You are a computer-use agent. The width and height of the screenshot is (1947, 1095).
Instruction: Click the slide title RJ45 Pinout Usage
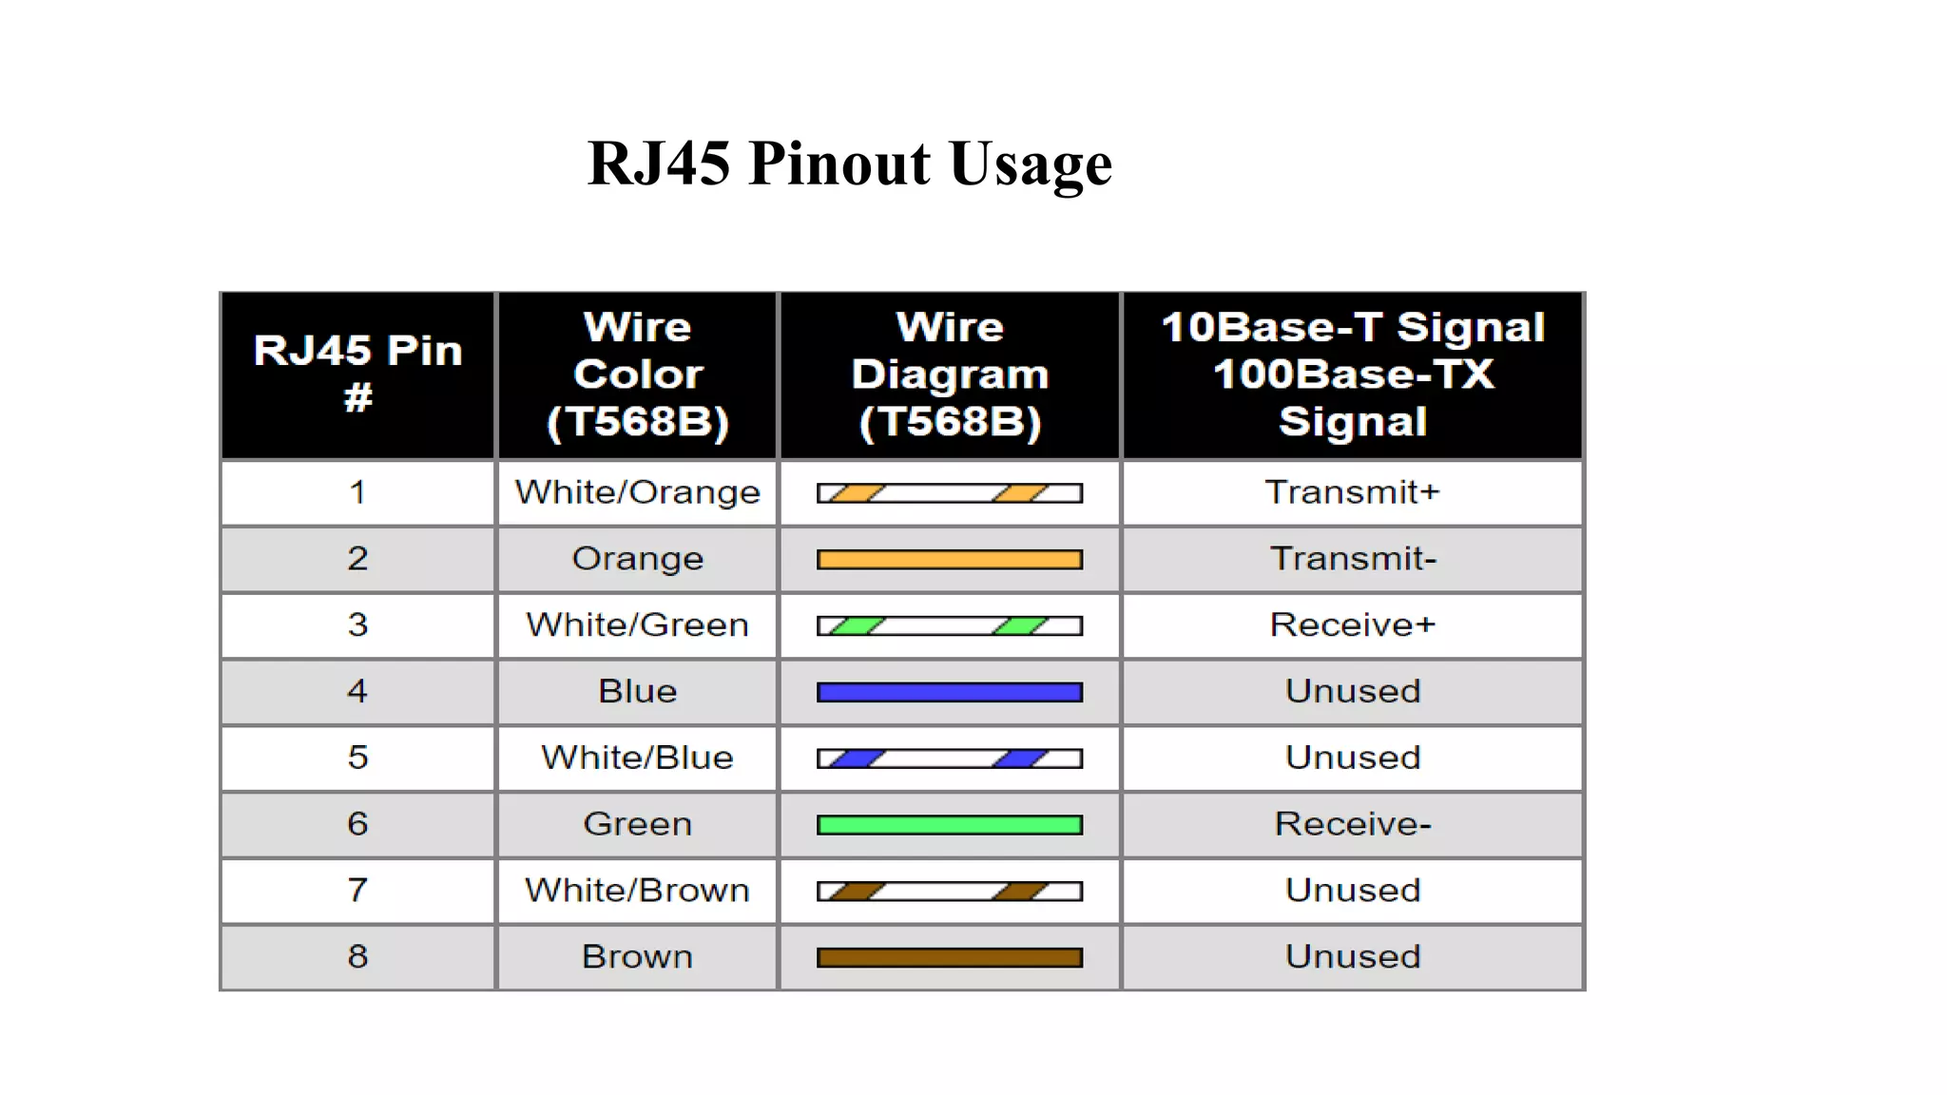[x=850, y=163]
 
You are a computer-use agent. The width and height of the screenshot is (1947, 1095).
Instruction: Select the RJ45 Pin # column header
[x=357, y=374]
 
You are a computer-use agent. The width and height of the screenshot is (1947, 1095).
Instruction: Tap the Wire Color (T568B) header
[x=637, y=374]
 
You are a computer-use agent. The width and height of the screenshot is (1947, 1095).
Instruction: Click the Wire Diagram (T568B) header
[x=950, y=374]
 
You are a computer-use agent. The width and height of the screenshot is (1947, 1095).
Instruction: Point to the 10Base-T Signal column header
[x=1352, y=374]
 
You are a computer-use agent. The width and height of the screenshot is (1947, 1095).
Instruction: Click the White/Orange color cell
[x=637, y=492]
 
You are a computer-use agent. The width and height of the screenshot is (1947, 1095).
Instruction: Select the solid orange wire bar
[x=950, y=560]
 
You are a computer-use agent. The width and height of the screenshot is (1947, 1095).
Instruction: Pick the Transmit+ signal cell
[x=1352, y=492]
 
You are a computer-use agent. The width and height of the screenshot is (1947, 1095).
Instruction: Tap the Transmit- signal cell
[x=1352, y=559]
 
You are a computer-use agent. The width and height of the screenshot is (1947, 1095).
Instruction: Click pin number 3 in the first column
[x=357, y=625]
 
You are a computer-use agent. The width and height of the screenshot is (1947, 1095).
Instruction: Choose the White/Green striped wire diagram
[x=950, y=625]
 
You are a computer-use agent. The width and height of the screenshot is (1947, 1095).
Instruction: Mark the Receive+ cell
[x=1352, y=625]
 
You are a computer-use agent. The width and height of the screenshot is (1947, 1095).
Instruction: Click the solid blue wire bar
[x=950, y=692]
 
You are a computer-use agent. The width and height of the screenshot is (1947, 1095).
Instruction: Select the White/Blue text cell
[x=637, y=758]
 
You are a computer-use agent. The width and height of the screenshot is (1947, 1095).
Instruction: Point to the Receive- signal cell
[x=1352, y=824]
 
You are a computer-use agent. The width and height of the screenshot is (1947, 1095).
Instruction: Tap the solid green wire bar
[x=950, y=825]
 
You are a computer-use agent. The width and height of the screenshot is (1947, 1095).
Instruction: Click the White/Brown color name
[x=637, y=891]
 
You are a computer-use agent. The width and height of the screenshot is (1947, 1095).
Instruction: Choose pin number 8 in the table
[x=357, y=956]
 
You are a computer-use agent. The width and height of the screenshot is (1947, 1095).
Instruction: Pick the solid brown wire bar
[x=950, y=957]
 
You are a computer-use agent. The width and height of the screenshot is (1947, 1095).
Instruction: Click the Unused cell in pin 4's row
[x=1352, y=691]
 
